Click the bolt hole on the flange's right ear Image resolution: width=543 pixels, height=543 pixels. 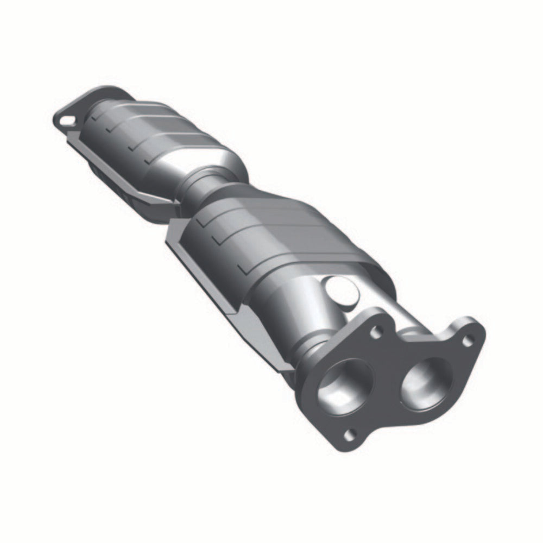coord(468,340)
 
